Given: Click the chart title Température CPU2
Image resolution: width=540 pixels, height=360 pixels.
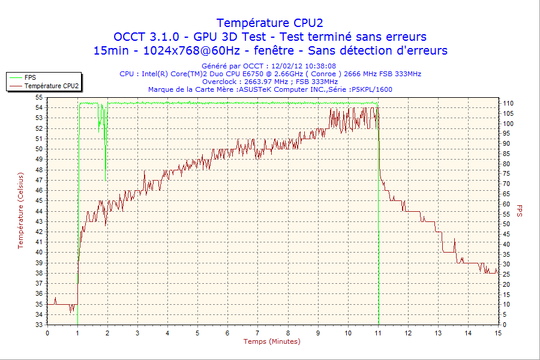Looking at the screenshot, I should tap(270, 23).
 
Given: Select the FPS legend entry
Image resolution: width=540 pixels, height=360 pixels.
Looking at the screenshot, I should tap(29, 77).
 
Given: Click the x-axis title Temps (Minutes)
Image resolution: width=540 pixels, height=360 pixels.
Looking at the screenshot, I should tap(272, 341).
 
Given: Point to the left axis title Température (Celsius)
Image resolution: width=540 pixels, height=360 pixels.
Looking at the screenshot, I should tap(20, 210).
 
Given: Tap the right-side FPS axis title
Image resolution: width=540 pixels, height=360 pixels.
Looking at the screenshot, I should tap(519, 210).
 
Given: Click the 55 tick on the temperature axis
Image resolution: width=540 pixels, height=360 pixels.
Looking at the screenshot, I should tap(39, 97).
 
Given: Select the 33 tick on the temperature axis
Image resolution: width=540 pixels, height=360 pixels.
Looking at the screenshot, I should tap(39, 325).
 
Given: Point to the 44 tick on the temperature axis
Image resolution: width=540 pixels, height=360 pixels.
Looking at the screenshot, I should tap(39, 211).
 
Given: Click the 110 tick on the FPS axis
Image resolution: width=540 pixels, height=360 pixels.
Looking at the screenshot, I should tap(508, 104).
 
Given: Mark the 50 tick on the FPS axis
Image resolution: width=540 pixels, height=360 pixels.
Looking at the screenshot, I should tap(506, 224).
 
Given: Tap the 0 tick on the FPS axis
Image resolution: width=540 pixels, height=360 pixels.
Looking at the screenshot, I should tap(504, 325).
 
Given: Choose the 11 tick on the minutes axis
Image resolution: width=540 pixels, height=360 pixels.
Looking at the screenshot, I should tap(378, 333).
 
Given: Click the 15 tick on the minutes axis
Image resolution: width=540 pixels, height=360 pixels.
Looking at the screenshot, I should tap(498, 333).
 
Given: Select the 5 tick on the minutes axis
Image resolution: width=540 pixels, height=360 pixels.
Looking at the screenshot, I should tap(197, 333).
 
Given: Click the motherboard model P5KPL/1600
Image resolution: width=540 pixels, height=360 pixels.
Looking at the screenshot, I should tap(372, 89).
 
